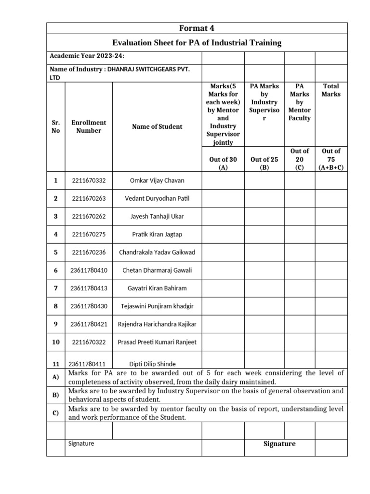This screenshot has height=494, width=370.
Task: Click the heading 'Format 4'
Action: click(x=197, y=28)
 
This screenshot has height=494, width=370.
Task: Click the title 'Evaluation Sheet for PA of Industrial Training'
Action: click(x=197, y=43)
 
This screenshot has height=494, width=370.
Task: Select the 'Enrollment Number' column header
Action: click(x=89, y=126)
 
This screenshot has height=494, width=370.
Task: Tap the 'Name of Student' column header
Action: click(x=157, y=126)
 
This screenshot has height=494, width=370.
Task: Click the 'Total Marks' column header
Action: click(x=330, y=90)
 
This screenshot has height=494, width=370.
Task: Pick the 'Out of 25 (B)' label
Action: click(x=264, y=163)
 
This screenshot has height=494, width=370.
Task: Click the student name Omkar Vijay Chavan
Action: click(x=157, y=180)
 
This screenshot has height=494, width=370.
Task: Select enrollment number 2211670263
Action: click(x=89, y=198)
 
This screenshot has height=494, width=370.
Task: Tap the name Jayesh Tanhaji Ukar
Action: click(x=157, y=216)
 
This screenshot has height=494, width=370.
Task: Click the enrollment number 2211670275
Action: click(x=89, y=234)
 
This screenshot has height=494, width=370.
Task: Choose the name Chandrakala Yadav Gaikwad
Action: click(x=157, y=252)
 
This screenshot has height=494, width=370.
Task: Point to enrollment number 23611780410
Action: click(x=89, y=270)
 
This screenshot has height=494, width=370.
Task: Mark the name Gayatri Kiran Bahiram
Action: click(x=157, y=288)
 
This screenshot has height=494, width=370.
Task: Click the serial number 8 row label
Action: click(x=56, y=306)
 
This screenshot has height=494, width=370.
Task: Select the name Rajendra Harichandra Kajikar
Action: click(x=157, y=324)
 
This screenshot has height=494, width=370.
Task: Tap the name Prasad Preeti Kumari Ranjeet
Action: click(x=157, y=342)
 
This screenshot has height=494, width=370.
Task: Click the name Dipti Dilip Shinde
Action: click(x=153, y=364)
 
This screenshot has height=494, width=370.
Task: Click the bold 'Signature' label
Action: click(x=279, y=444)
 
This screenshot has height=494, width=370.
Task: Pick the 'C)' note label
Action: click(x=55, y=413)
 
